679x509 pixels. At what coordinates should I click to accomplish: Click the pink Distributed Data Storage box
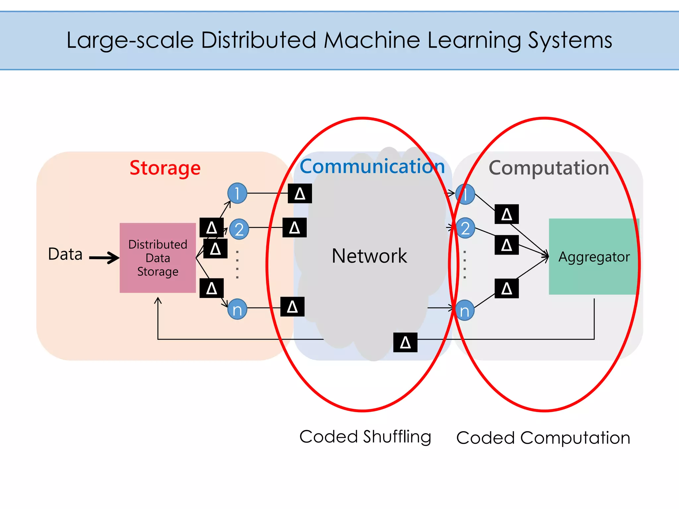[158, 258]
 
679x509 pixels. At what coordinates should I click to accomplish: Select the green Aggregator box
[593, 256]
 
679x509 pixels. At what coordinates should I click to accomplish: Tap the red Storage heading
[165, 168]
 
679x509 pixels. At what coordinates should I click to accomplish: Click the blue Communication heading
[372, 166]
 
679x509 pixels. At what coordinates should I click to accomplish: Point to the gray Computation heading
[549, 168]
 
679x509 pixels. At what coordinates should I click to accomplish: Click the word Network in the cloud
[369, 256]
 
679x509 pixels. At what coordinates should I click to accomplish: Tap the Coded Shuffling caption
[365, 437]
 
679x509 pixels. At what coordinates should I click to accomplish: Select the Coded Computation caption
[543, 438]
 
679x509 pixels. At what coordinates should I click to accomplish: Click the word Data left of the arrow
[65, 254]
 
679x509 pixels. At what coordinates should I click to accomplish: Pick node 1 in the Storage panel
[237, 193]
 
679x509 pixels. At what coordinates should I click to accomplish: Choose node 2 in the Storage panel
[239, 229]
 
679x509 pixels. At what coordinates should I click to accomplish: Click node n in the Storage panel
[237, 309]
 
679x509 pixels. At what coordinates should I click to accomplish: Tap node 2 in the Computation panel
[465, 228]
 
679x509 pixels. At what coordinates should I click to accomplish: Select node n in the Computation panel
[464, 311]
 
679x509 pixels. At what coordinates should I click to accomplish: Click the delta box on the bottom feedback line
[405, 342]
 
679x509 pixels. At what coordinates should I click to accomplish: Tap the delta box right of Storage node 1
[300, 193]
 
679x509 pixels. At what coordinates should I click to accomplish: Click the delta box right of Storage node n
[292, 307]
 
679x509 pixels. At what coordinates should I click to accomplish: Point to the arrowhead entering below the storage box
[158, 300]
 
